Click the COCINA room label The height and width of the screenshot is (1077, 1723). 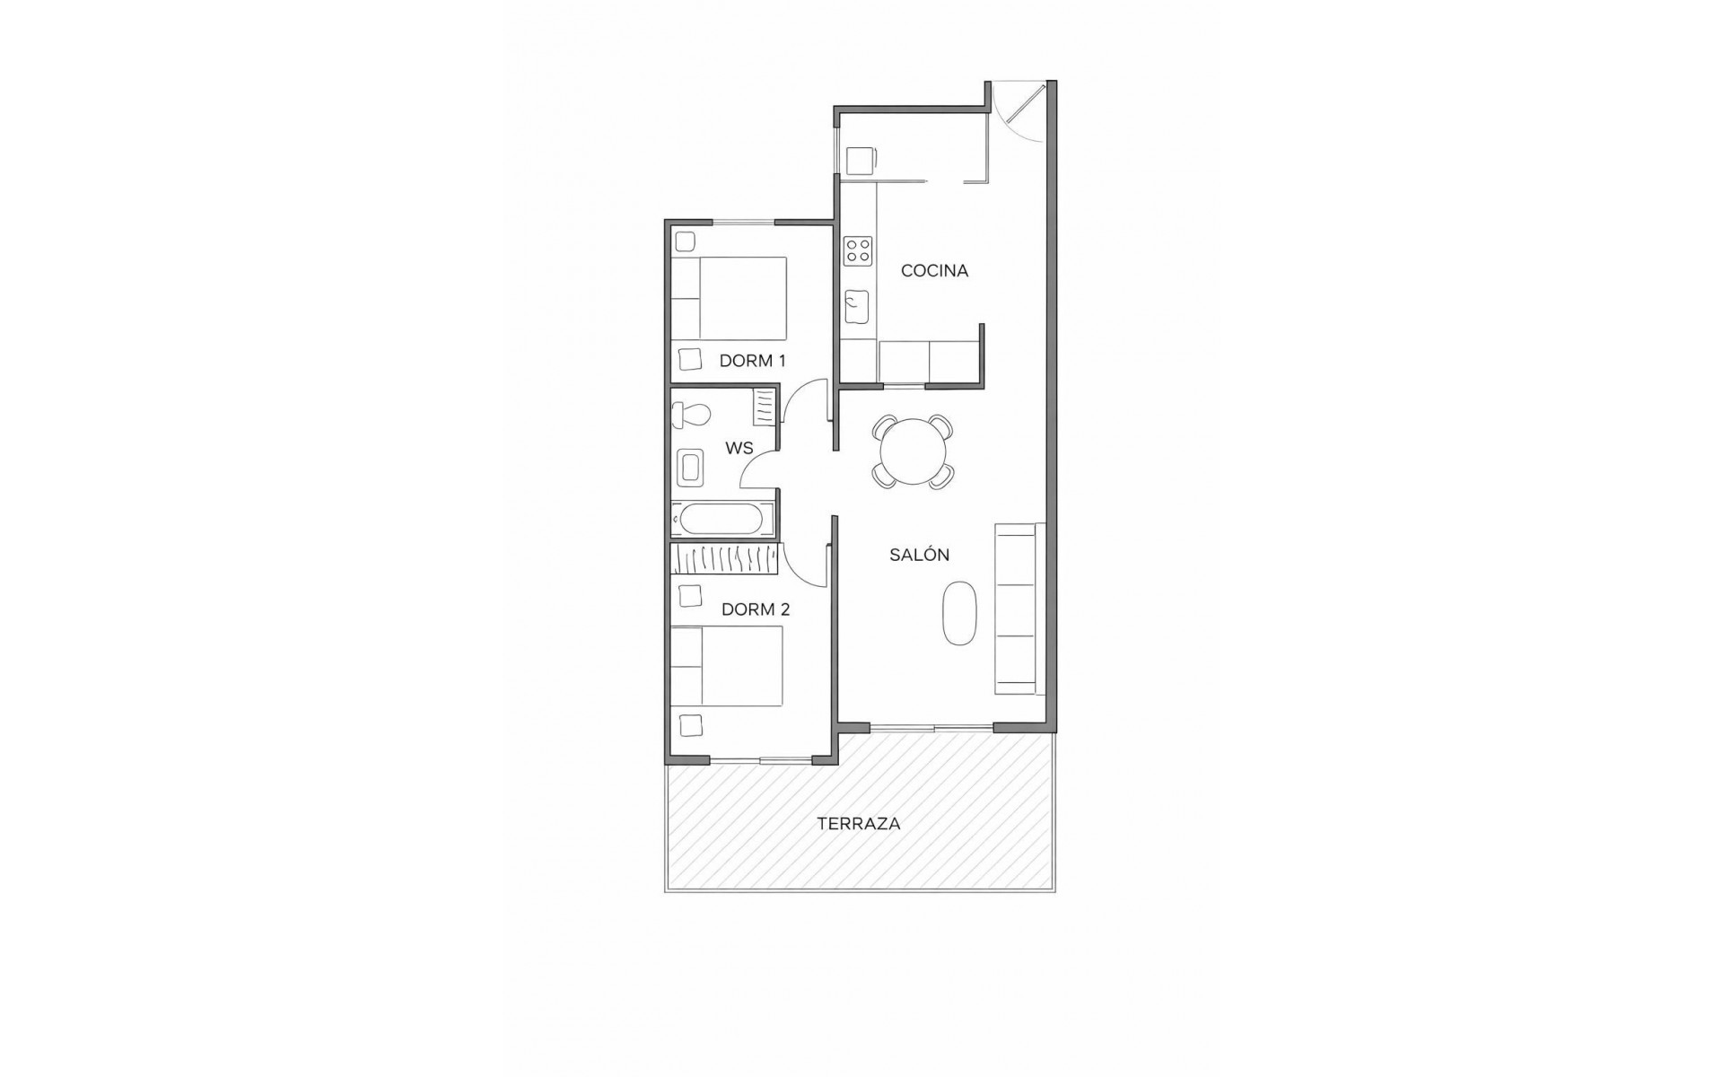(934, 270)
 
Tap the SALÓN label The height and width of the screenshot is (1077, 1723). (919, 555)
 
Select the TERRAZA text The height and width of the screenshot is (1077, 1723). (858, 823)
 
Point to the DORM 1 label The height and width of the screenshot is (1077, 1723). (752, 361)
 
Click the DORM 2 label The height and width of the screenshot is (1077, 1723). (756, 609)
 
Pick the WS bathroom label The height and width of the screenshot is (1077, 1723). (739, 448)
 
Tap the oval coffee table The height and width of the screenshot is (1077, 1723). (959, 613)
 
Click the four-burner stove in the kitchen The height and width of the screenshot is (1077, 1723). (858, 250)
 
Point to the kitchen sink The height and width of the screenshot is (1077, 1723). (857, 307)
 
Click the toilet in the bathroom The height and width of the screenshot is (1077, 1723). (691, 414)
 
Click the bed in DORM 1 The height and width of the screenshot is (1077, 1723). (729, 299)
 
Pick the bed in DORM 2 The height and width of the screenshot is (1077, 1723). (727, 666)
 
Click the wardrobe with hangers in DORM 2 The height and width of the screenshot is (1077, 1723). (723, 558)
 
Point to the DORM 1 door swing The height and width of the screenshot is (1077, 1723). (804, 403)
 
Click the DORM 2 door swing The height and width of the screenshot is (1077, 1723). (804, 565)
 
